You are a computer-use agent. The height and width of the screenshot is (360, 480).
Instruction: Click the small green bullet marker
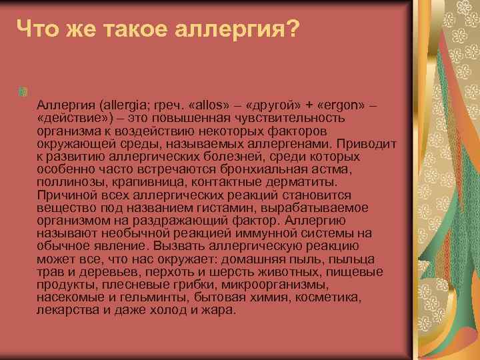point(24,90)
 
